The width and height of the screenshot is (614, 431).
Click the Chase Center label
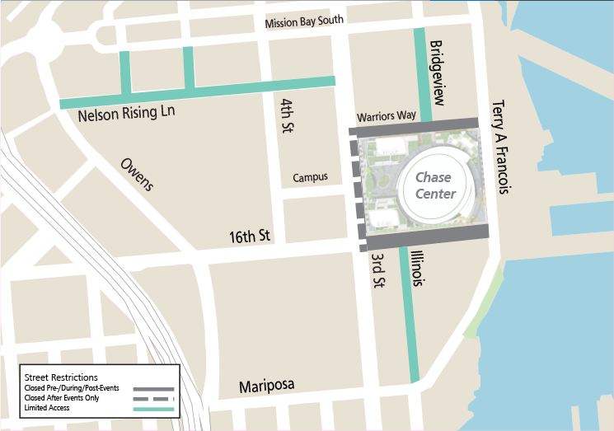434,185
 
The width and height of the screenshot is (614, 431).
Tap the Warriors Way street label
387,116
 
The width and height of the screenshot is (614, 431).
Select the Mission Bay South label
304,21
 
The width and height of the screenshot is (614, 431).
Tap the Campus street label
310,177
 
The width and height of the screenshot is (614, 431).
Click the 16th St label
250,237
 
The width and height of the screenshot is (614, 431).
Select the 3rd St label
377,271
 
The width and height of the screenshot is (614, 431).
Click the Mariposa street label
266,386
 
